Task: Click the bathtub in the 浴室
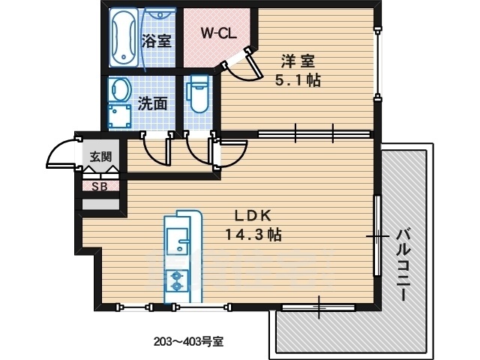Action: (124, 37)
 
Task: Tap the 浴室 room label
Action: (156, 40)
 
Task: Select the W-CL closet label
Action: (218, 33)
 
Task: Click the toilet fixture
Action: (198, 93)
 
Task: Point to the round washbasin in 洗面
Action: (120, 89)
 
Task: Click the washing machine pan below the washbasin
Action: (119, 116)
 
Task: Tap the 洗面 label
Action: (152, 103)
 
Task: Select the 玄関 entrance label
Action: (100, 157)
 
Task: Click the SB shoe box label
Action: (100, 186)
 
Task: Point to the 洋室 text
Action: (298, 61)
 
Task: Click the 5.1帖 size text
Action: (298, 80)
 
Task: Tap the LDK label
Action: (253, 216)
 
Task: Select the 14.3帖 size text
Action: (253, 235)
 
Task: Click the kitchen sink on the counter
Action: (178, 241)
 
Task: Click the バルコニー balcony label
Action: (403, 265)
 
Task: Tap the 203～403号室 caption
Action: (188, 341)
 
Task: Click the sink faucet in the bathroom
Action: (160, 14)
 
